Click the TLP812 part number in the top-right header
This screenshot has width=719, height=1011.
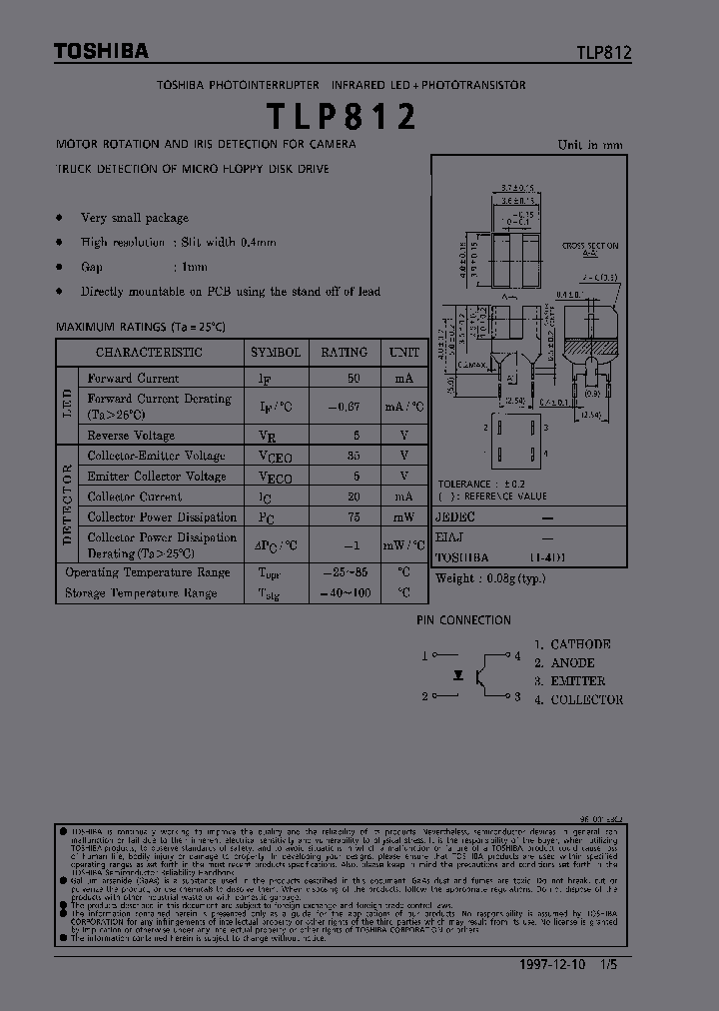603,54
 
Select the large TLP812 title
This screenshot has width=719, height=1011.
342,118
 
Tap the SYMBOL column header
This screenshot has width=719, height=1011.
275,353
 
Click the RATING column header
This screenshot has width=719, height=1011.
344,353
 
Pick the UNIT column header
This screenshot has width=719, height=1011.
403,353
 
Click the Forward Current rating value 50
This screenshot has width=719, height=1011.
354,379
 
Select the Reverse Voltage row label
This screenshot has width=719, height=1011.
131,436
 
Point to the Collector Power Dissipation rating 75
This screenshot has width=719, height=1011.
354,517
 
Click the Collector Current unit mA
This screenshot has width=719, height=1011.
403,497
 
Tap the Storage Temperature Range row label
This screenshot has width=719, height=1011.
141,593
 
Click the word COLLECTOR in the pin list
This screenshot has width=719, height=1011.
586,700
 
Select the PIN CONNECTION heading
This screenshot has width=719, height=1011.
463,620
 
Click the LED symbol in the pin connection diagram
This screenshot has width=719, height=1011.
458,675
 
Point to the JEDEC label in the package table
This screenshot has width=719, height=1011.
456,517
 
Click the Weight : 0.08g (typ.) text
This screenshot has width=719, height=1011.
490,578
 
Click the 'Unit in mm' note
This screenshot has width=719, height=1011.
589,145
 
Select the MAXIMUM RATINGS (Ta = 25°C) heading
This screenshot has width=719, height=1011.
141,327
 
